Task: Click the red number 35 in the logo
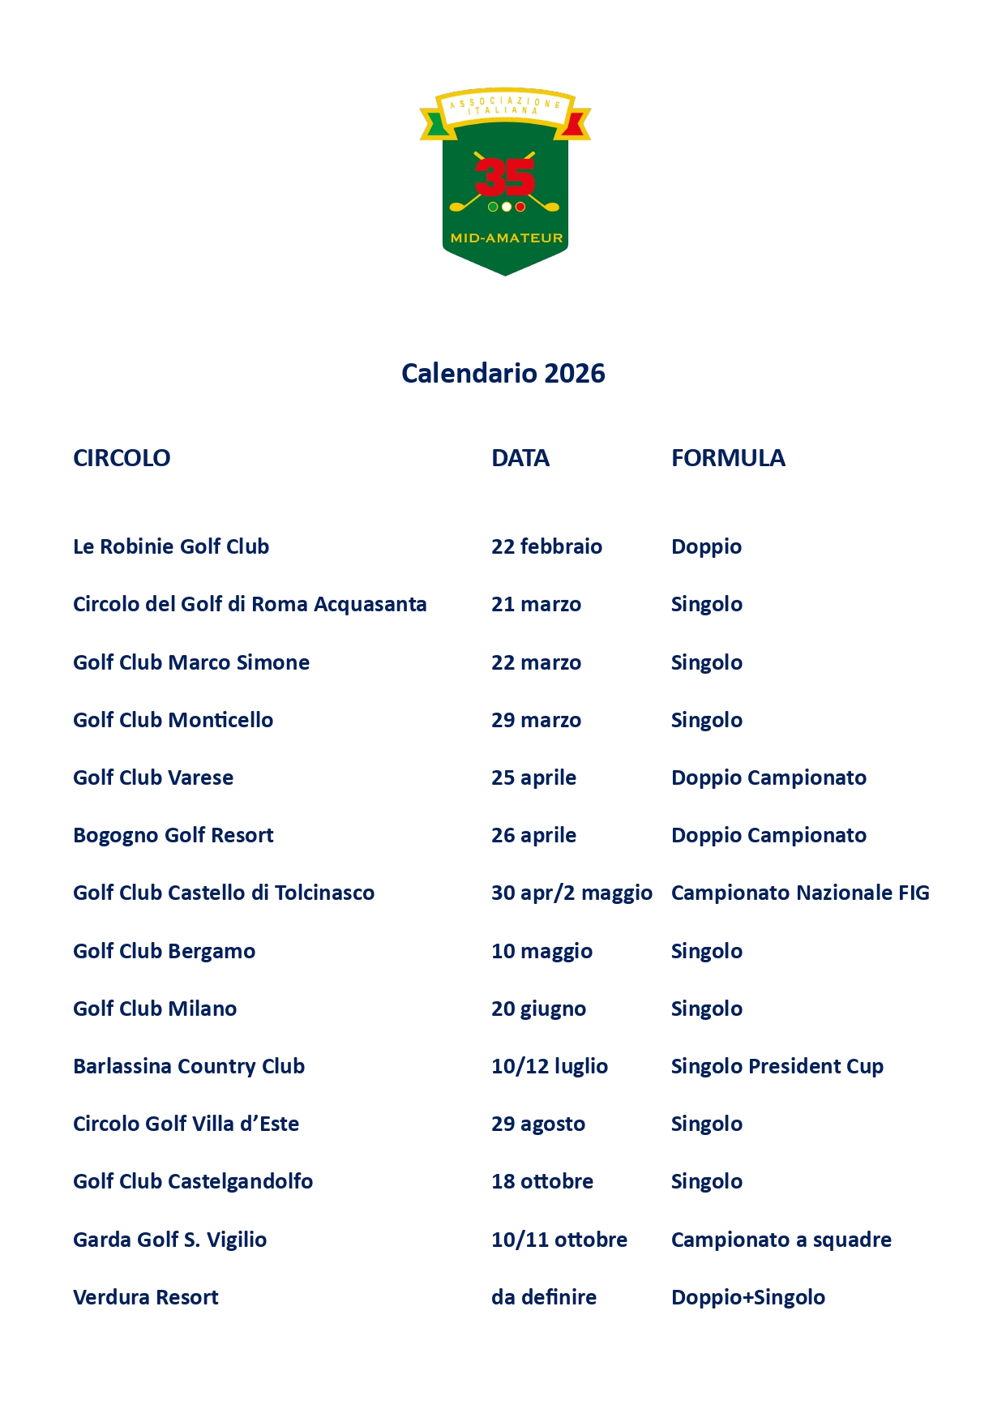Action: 504,177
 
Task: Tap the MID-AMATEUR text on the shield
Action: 506,238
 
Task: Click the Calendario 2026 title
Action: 503,374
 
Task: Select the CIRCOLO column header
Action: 122,458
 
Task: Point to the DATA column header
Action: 520,458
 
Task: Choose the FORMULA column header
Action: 727,458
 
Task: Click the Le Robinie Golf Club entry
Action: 170,546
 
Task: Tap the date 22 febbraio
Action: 546,546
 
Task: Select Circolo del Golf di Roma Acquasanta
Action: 249,604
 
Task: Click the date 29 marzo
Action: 535,720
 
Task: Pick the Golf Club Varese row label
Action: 152,777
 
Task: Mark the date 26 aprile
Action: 533,835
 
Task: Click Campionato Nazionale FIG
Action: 799,893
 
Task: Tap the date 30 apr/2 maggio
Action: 571,893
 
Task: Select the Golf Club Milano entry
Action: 154,1009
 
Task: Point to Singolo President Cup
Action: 777,1066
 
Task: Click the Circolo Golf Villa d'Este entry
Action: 186,1124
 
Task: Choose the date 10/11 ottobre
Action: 559,1240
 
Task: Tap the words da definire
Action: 543,1297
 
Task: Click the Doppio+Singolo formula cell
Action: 747,1297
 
